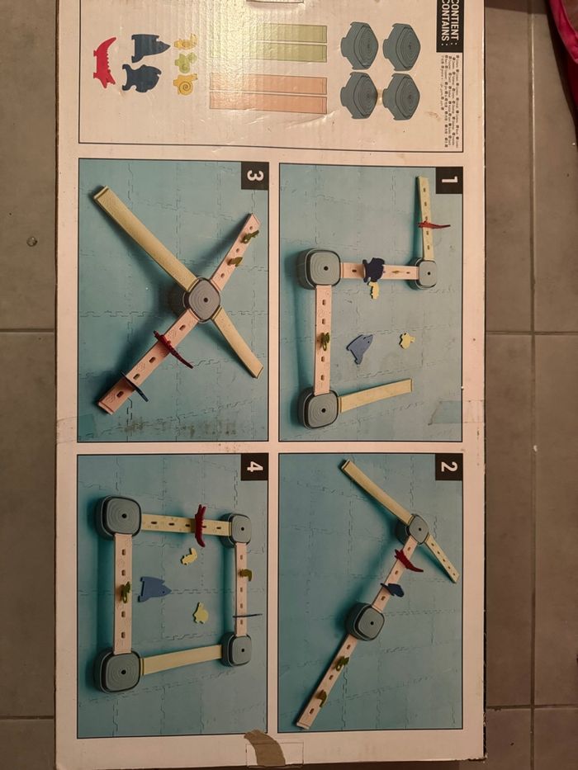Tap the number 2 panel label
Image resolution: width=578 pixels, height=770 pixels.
point(448,467)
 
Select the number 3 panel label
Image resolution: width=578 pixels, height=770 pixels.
point(254,176)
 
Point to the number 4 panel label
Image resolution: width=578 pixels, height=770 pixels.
point(254,467)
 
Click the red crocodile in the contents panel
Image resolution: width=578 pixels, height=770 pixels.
point(105,62)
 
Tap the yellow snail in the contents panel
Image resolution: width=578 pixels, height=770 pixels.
point(185,83)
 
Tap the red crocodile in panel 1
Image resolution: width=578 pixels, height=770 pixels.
point(433,224)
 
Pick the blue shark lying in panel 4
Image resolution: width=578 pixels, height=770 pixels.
point(154,588)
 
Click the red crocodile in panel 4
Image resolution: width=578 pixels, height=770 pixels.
point(199,526)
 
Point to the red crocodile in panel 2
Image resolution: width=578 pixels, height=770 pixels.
point(407,561)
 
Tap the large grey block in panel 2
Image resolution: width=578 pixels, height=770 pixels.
point(364,621)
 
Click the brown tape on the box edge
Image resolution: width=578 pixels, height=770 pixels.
point(264,747)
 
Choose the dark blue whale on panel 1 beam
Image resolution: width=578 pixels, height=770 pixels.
point(373,269)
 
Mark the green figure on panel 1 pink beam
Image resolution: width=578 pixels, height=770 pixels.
point(325,340)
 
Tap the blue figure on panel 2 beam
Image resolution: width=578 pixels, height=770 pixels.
point(393,589)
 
